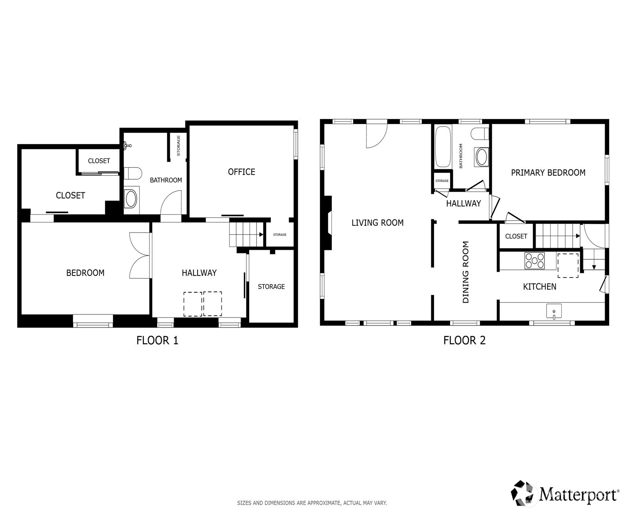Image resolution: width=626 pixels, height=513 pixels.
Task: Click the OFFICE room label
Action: [x=241, y=172]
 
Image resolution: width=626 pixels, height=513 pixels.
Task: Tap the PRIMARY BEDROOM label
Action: [x=548, y=173]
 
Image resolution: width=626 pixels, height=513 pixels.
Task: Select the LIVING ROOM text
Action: [x=377, y=222]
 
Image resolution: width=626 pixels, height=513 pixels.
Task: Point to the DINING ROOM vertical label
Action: [x=466, y=272]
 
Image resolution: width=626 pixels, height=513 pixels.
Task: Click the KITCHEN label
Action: [x=539, y=286]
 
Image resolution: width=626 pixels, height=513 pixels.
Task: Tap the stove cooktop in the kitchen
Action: [x=534, y=260]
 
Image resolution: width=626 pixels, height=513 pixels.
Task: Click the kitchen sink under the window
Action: [x=554, y=311]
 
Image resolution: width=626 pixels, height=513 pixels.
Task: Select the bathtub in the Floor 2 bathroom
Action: [x=443, y=147]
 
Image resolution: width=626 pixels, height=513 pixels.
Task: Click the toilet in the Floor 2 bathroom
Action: [x=480, y=133]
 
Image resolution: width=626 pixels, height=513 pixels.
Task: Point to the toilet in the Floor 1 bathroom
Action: [x=133, y=173]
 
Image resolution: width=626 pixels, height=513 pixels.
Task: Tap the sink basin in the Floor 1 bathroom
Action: [x=131, y=199]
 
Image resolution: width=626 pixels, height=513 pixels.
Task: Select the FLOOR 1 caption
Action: [x=157, y=340]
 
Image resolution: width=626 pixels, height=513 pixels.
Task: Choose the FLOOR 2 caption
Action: [x=464, y=340]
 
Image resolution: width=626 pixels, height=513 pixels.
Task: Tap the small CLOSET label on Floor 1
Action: [x=99, y=161]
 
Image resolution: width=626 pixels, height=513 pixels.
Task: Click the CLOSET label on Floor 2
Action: [x=516, y=236]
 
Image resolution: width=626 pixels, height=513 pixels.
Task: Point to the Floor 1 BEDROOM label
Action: [x=85, y=273]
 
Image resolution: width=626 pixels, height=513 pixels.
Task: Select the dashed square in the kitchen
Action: [x=568, y=265]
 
